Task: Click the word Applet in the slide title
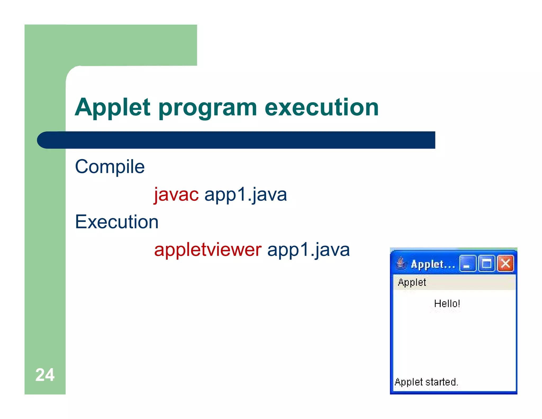[112, 107]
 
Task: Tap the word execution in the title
[322, 107]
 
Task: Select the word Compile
[110, 167]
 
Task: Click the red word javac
[176, 195]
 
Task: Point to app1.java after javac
[246, 195]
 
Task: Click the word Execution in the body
[117, 222]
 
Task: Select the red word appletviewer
[208, 250]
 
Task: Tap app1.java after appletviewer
[309, 250]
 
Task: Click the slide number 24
[45, 375]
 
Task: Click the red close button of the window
[505, 264]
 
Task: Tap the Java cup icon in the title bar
[401, 263]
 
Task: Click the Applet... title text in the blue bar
[433, 264]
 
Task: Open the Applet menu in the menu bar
[412, 282]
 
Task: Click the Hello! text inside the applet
[447, 304]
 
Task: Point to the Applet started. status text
[426, 382]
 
